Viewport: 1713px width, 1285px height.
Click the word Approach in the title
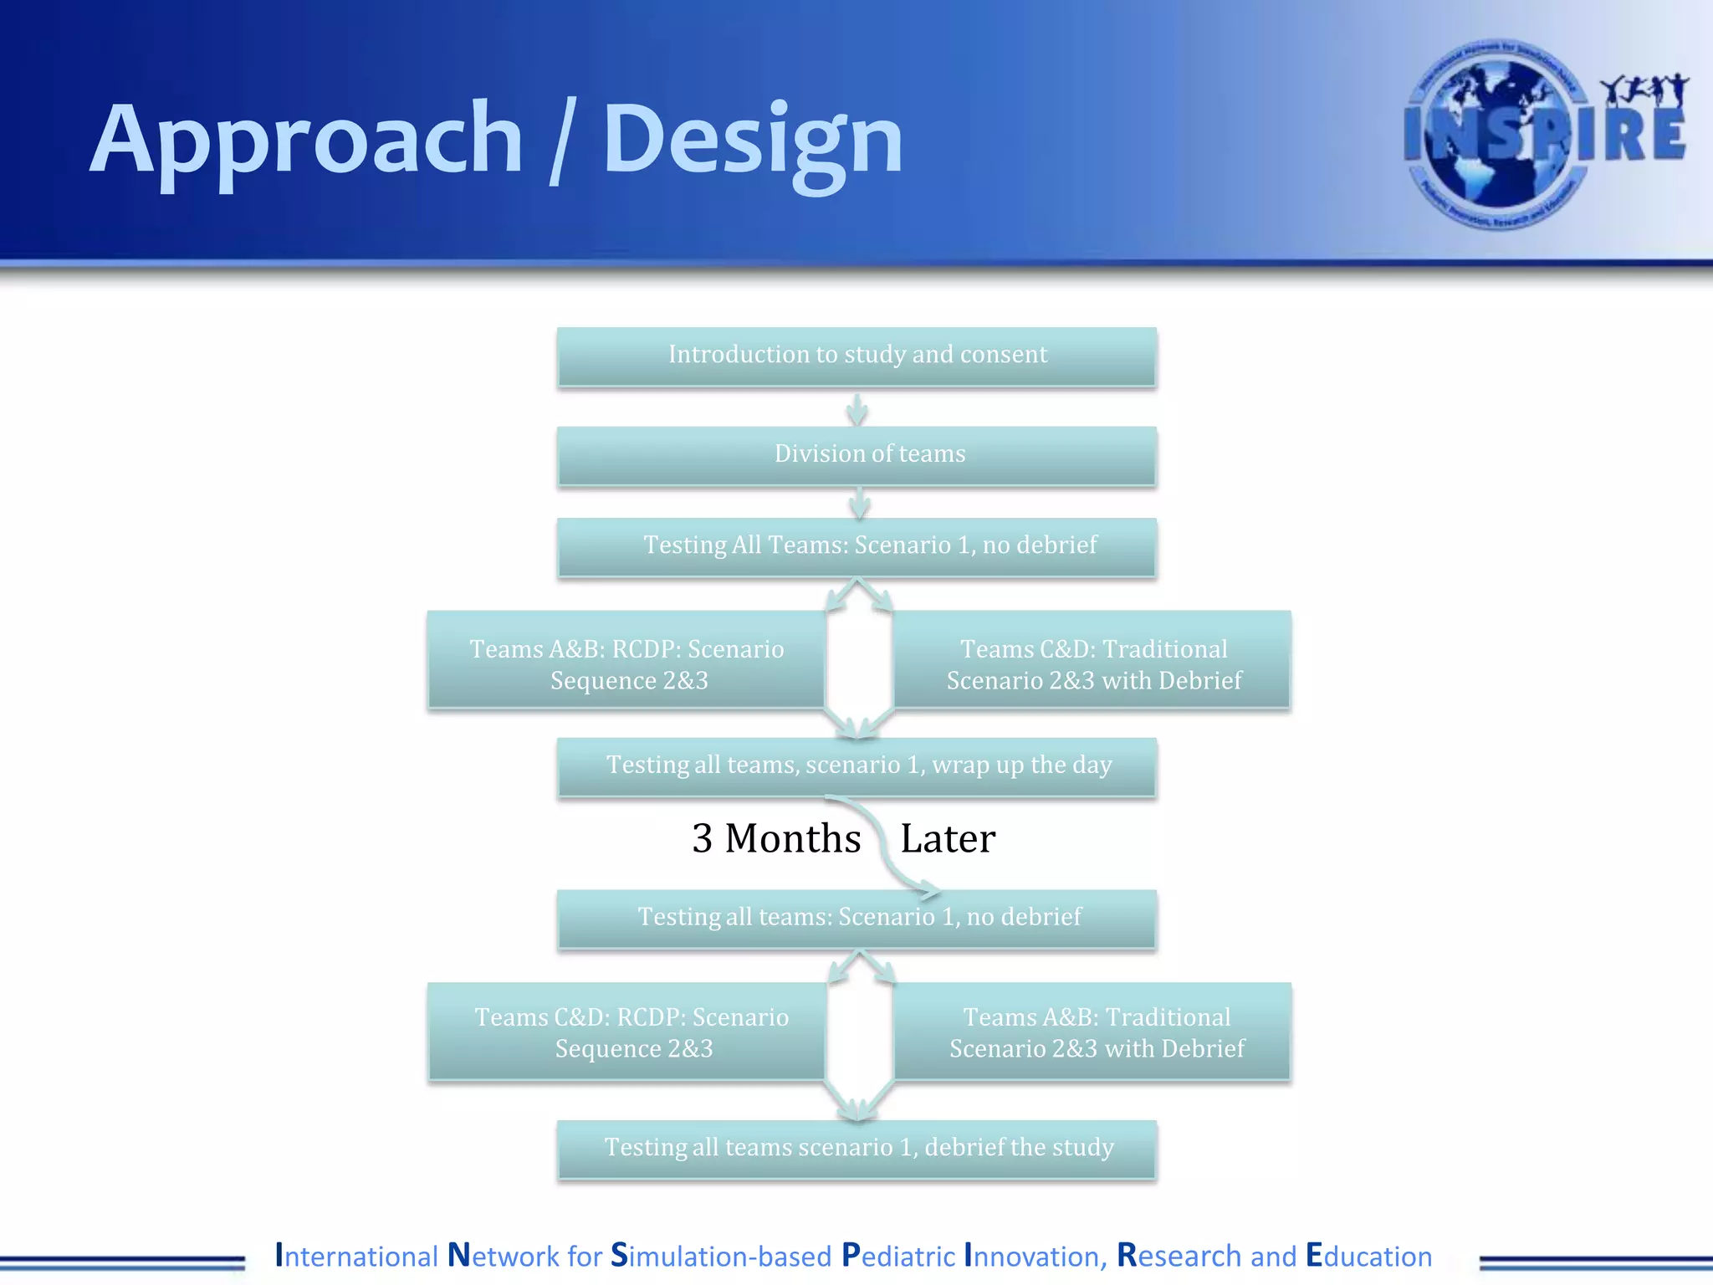pos(305,141)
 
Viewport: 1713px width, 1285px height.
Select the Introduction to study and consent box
pos(856,356)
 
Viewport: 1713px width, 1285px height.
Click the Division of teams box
pos(856,454)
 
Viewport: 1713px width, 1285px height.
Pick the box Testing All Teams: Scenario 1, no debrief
pos(856,545)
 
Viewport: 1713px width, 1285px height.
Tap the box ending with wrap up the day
pos(856,765)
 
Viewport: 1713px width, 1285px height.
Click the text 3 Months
pos(775,838)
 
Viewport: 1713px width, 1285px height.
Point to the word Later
pos(947,838)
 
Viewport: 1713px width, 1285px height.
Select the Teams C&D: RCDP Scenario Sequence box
pos(626,1032)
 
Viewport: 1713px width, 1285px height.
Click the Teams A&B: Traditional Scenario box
pos(1092,1032)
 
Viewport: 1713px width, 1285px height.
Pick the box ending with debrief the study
pos(856,1148)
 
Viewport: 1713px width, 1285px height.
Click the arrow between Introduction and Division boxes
pos(856,409)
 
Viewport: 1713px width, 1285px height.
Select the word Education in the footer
pos(1368,1256)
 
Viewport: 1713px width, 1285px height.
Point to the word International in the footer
pos(356,1256)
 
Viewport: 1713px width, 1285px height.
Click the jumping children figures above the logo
pos(1644,90)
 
